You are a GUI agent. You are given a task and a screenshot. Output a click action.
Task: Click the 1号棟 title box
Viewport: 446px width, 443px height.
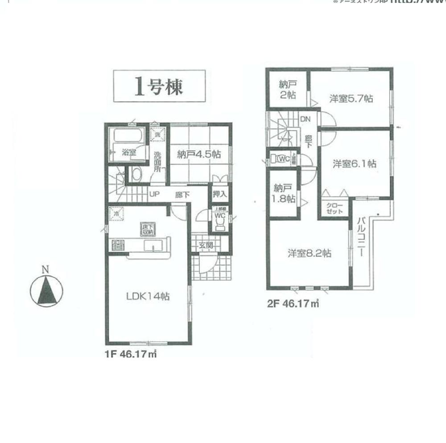click(x=159, y=86)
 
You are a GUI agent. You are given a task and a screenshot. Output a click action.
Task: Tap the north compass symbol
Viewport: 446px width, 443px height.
click(x=46, y=291)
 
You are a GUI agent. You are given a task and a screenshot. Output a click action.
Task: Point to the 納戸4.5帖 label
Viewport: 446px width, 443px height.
click(x=198, y=155)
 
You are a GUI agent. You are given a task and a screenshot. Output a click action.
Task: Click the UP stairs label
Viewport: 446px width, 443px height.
click(x=154, y=194)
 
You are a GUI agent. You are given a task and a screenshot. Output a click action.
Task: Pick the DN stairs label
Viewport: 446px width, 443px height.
click(x=305, y=119)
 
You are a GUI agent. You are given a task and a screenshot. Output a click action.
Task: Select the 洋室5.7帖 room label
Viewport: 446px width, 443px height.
click(x=351, y=99)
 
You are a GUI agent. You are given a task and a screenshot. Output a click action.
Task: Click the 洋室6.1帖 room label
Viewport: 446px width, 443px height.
click(x=354, y=164)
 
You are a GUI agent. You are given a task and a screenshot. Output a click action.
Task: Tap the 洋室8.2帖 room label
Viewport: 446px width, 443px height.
click(x=309, y=253)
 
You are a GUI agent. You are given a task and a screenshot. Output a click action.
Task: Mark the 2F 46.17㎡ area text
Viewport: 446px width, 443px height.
click(x=293, y=304)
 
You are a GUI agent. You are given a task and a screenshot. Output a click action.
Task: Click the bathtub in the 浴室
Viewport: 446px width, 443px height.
click(x=128, y=135)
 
